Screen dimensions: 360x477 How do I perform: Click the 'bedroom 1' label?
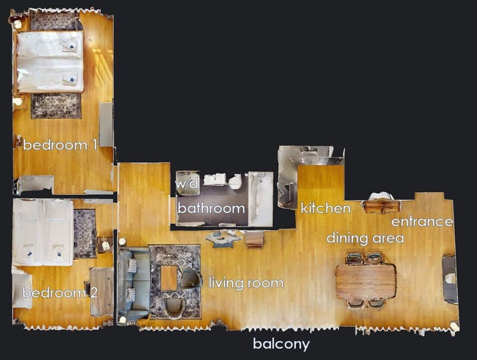(60, 145)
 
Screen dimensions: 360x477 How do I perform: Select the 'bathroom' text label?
(211, 208)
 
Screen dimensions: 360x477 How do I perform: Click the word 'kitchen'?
(325, 208)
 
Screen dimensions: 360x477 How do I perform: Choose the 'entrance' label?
(422, 221)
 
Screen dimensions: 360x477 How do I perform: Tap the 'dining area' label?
(365, 239)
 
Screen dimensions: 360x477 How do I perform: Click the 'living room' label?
(246, 283)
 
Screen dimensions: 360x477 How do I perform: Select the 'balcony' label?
(281, 344)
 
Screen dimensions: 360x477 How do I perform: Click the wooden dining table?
(366, 281)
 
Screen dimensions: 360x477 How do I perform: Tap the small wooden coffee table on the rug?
(169, 278)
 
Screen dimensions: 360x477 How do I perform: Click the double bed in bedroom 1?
(50, 62)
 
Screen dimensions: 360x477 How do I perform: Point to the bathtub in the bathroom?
(261, 199)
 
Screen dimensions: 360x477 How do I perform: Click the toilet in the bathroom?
(236, 181)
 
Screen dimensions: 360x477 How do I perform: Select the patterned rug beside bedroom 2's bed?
(85, 233)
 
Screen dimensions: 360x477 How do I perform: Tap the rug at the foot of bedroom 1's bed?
(56, 106)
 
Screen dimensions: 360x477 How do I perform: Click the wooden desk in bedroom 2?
(101, 291)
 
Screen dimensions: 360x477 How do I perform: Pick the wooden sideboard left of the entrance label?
(381, 206)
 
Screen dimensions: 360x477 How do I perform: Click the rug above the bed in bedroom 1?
(53, 20)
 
